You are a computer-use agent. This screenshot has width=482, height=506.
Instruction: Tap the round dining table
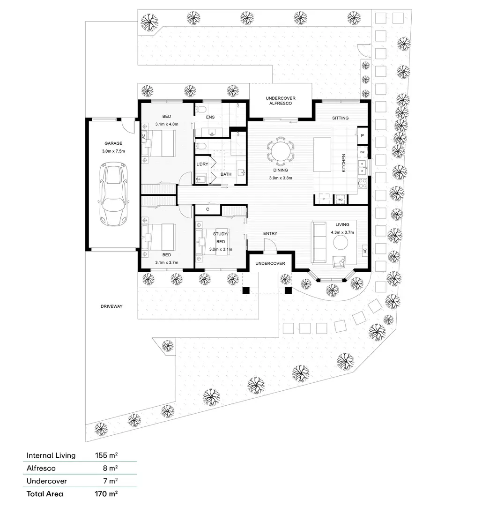(x=281, y=151)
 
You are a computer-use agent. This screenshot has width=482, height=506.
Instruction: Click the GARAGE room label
(x=113, y=143)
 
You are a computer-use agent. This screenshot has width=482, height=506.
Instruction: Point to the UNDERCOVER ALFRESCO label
(x=281, y=101)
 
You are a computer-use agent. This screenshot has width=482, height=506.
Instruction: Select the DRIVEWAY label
(x=111, y=306)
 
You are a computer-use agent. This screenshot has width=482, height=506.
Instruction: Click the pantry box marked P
(x=363, y=135)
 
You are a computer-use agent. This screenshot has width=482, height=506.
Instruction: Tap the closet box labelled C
(x=207, y=209)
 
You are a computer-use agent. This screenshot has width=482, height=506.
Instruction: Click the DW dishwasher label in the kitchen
(x=363, y=152)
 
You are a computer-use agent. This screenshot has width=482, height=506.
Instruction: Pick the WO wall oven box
(x=341, y=200)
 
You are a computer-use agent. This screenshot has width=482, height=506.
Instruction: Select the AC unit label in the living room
(x=364, y=251)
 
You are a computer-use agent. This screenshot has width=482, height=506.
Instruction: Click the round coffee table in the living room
(x=341, y=242)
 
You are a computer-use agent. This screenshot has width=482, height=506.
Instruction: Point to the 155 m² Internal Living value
(x=106, y=455)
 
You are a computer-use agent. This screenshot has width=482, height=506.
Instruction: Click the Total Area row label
(x=45, y=493)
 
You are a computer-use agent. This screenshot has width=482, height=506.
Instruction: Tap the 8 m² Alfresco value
(x=110, y=468)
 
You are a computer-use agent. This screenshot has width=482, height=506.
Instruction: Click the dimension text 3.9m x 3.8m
(x=281, y=178)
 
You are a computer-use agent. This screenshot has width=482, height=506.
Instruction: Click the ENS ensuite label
(x=210, y=117)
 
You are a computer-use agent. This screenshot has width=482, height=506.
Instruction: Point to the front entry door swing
(x=270, y=246)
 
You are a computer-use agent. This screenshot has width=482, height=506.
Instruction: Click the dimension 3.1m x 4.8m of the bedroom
(x=167, y=125)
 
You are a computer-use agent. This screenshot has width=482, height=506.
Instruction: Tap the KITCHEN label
(x=343, y=163)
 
